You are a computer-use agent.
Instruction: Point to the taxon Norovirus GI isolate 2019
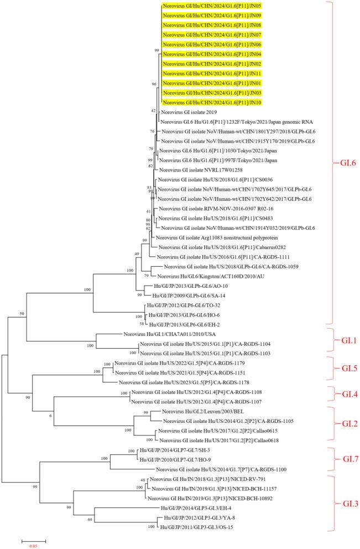click(191, 112)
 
